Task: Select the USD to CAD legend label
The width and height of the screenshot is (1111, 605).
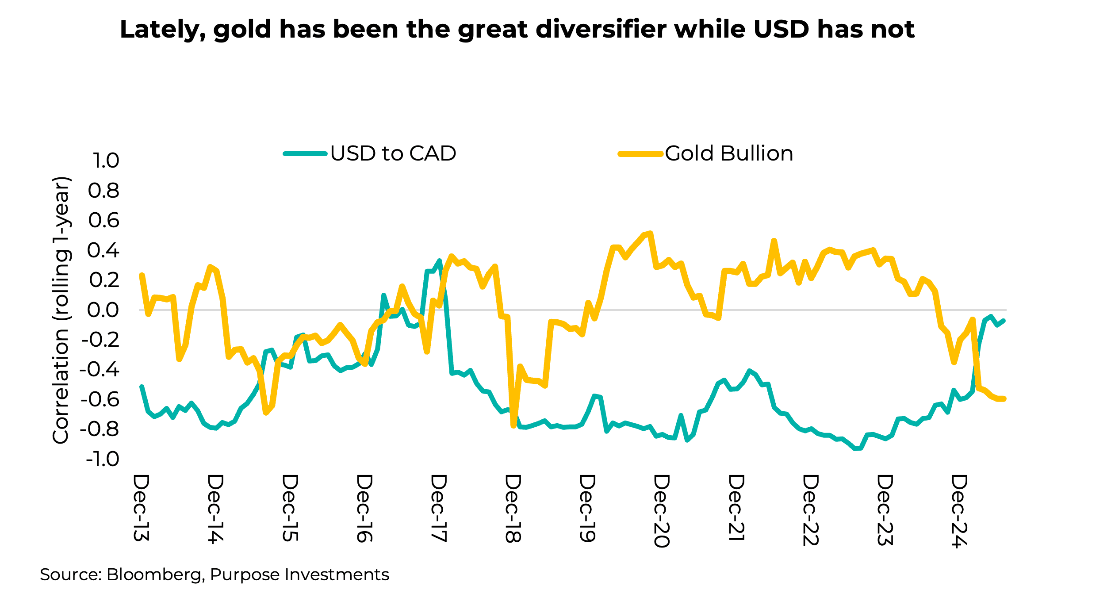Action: [x=393, y=153]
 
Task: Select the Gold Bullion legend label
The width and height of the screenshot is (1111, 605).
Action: [x=729, y=153]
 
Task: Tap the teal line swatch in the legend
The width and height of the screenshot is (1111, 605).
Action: [x=305, y=154]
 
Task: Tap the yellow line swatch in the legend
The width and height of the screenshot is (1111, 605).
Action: [x=640, y=154]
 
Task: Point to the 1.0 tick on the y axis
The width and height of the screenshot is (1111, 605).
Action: [x=105, y=161]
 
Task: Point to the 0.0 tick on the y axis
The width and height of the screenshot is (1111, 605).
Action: [x=103, y=310]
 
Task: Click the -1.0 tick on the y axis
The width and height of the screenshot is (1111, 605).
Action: [x=102, y=459]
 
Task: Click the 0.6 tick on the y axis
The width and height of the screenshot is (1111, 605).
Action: [x=103, y=220]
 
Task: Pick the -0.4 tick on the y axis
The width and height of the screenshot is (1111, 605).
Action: [x=100, y=369]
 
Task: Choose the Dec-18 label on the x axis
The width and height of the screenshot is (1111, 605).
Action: [x=513, y=509]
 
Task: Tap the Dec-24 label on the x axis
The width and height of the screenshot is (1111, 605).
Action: [x=959, y=511]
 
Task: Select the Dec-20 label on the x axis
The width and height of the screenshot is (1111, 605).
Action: [x=661, y=511]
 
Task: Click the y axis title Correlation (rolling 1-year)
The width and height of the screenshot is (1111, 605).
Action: [x=61, y=310]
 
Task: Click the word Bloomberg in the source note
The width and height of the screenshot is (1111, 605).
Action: [x=154, y=574]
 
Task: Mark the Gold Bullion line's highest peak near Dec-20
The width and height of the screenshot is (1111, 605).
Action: [x=650, y=233]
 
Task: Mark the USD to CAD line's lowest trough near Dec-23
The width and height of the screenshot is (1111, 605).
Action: [x=857, y=449]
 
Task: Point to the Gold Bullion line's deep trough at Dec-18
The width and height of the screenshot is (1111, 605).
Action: [x=513, y=426]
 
